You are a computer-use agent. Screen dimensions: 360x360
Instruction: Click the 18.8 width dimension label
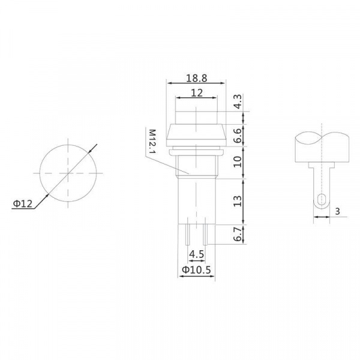point(196,78)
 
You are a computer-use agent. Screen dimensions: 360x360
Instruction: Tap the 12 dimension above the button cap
point(197,93)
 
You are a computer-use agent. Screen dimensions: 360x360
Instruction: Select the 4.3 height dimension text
point(238,101)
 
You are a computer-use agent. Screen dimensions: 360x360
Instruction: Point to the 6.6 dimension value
point(238,136)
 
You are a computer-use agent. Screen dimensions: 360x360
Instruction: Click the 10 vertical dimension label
point(238,162)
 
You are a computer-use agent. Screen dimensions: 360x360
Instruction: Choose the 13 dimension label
point(238,201)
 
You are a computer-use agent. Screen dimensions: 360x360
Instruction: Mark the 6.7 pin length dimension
point(238,234)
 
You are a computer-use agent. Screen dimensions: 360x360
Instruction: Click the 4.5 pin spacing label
point(197,254)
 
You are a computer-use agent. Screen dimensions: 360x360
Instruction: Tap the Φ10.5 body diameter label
point(196,270)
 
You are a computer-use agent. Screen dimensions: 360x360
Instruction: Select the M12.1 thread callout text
point(152,142)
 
